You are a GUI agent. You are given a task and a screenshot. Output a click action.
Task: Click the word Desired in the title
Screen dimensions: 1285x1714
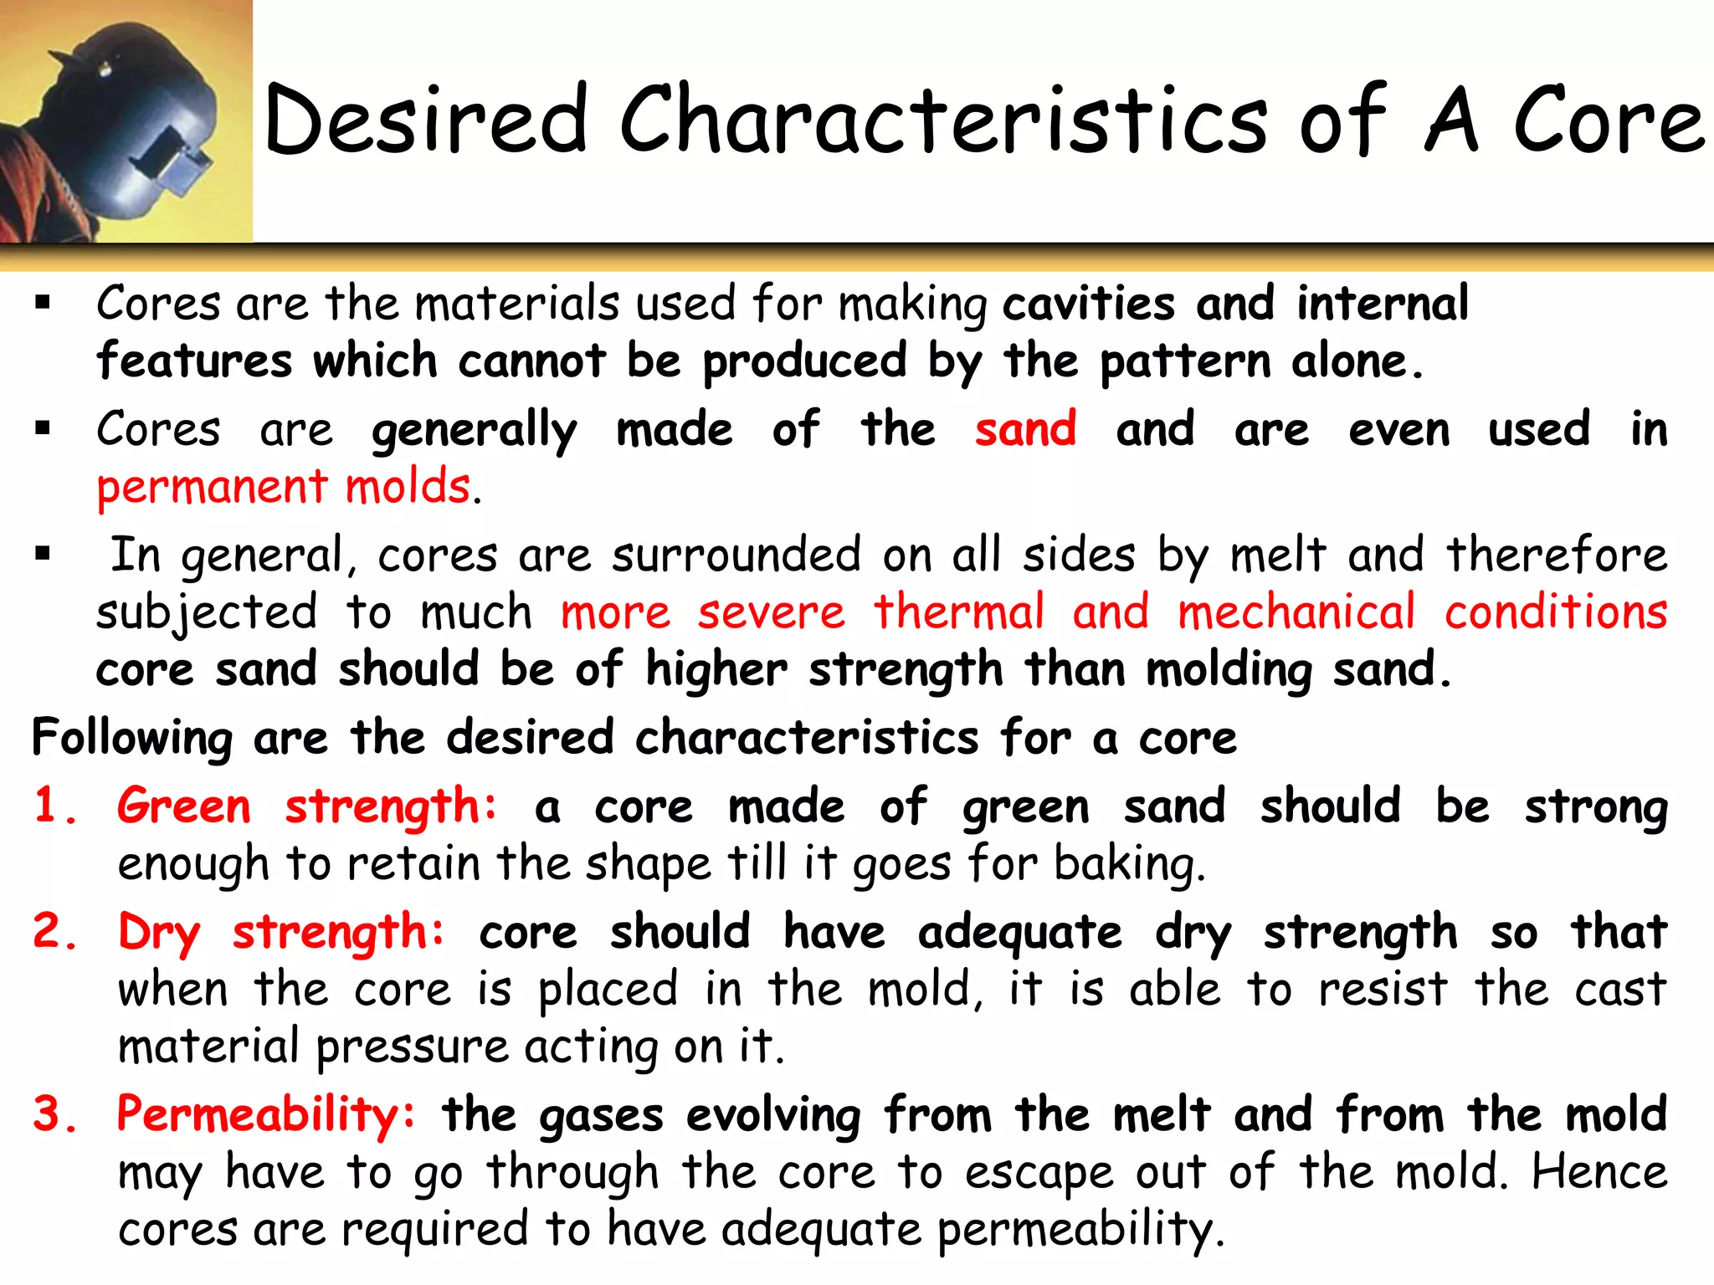(x=426, y=120)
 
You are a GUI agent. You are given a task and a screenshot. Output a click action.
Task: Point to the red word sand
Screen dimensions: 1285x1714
(x=1025, y=429)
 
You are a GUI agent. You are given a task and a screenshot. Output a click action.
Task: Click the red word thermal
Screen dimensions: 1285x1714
(x=959, y=612)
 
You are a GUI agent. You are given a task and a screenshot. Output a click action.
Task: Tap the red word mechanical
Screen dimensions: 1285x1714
(x=1296, y=612)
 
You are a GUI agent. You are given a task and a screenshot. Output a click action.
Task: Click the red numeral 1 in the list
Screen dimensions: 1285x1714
(x=48, y=806)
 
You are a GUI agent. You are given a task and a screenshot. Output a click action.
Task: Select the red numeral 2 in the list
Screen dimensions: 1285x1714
(x=48, y=931)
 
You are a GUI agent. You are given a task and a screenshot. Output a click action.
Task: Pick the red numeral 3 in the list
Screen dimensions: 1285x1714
(x=48, y=1113)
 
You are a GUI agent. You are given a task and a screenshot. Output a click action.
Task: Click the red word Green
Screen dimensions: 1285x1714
(x=184, y=806)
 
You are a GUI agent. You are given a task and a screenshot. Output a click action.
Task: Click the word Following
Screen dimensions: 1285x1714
(x=132, y=738)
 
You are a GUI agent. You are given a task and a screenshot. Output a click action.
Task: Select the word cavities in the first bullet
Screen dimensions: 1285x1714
(x=1088, y=303)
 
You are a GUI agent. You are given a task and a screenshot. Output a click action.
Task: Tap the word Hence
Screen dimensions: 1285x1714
(x=1599, y=1172)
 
